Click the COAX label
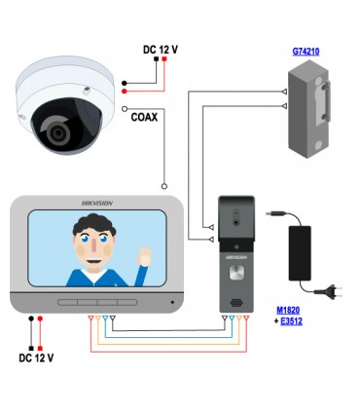[x=145, y=116]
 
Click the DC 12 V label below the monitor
[x=36, y=357]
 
